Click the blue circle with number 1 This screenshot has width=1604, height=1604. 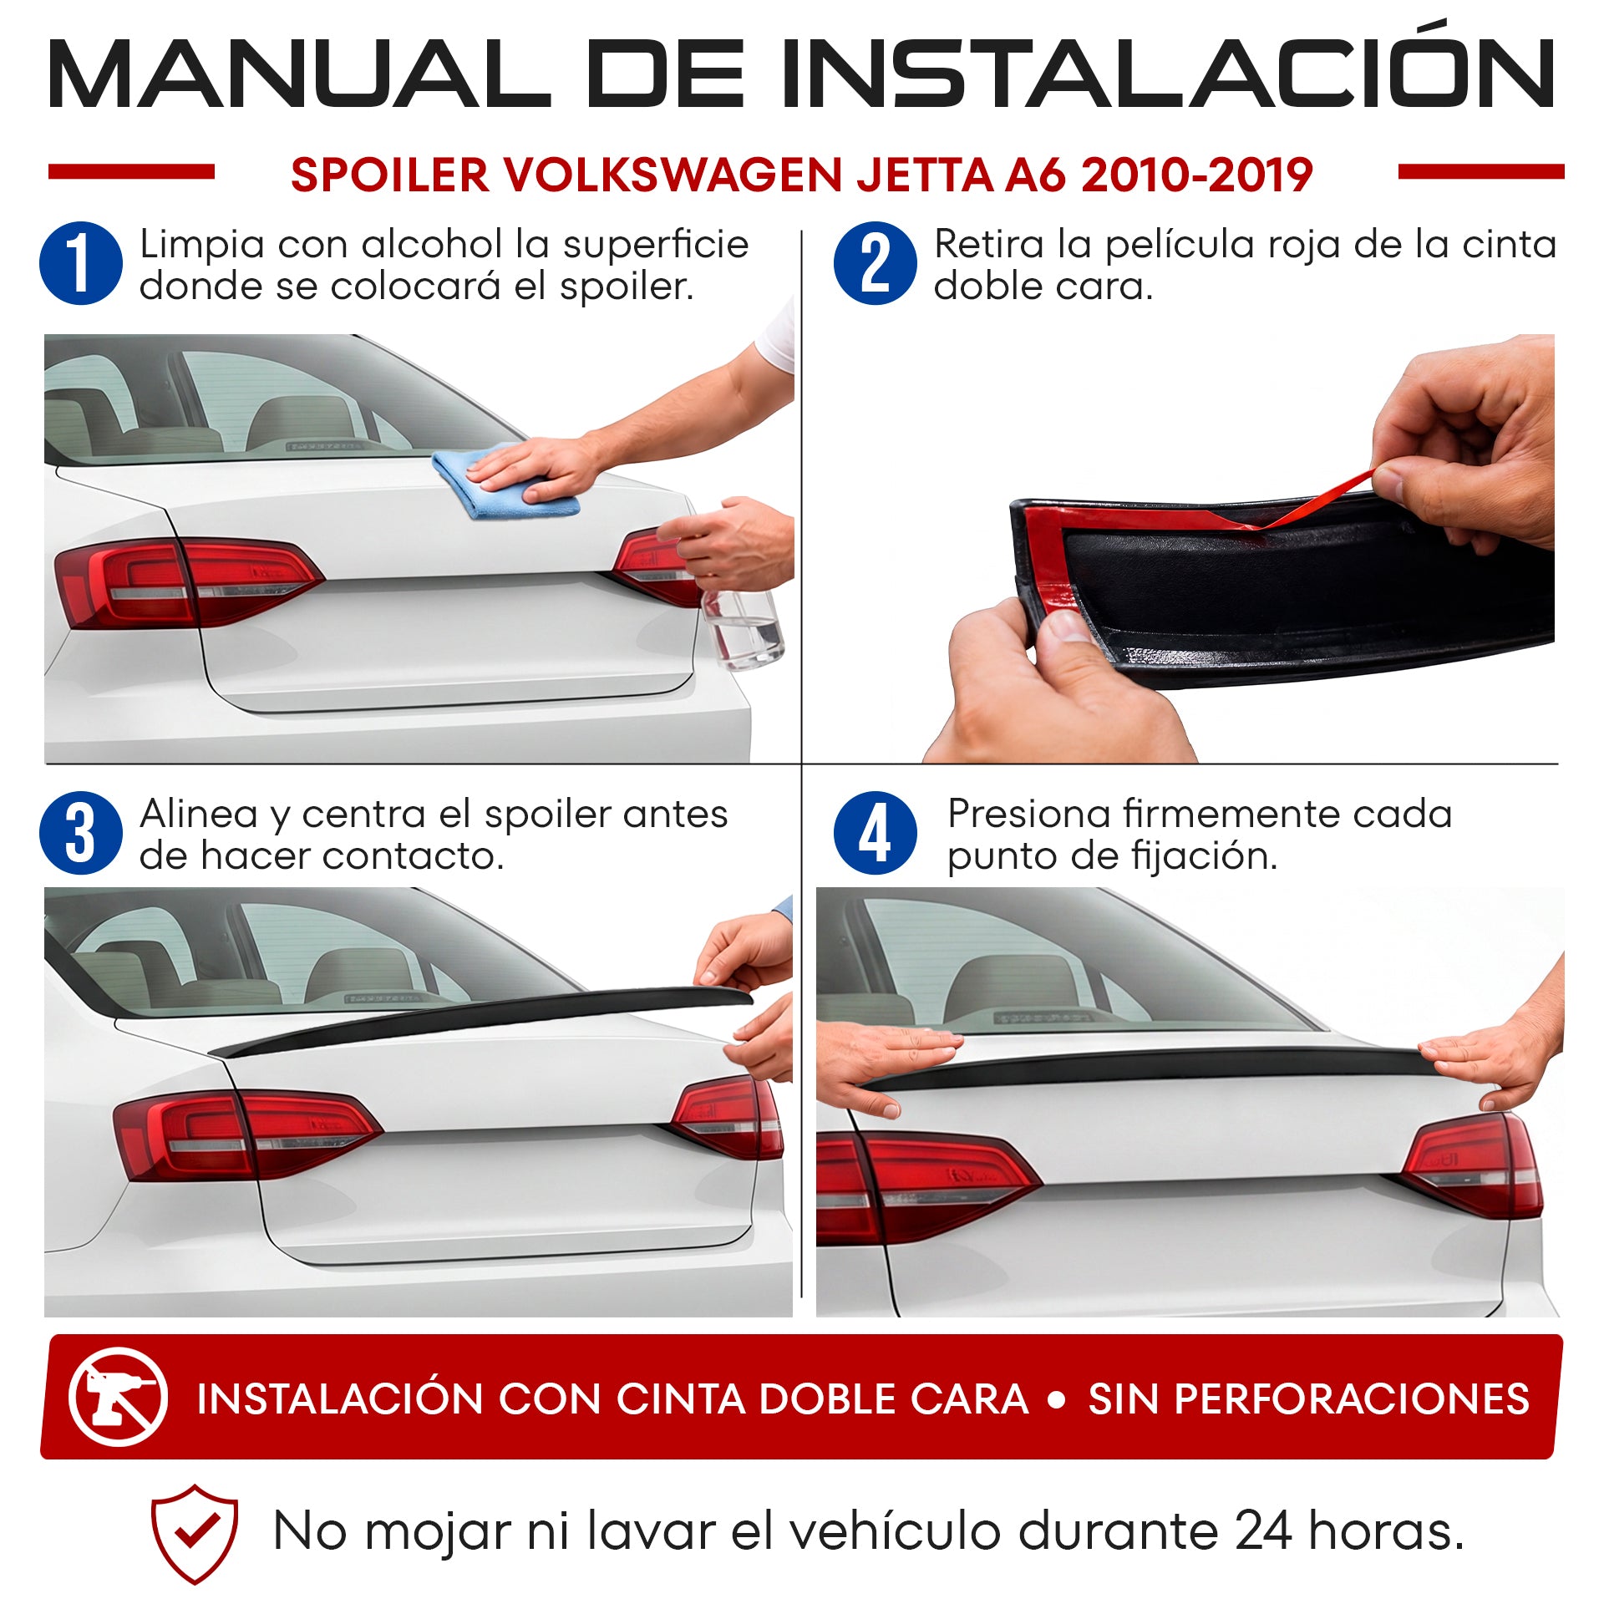pos(81,263)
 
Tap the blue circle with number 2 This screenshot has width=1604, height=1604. pos(875,263)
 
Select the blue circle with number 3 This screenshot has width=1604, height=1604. pos(81,833)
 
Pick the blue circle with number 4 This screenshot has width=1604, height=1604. pos(875,833)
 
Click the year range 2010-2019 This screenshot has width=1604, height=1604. pos(1196,175)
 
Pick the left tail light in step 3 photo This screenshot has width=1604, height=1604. pos(246,1134)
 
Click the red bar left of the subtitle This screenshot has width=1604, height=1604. pos(131,171)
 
